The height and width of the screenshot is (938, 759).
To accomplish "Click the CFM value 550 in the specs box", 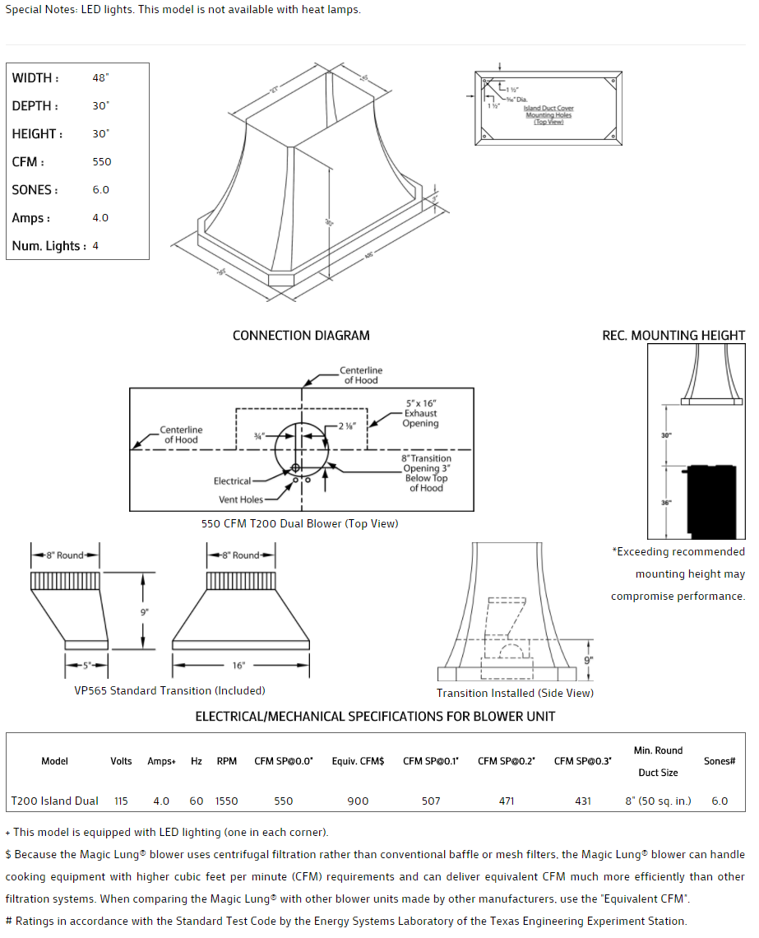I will (102, 162).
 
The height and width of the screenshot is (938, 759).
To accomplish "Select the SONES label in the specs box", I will (35, 190).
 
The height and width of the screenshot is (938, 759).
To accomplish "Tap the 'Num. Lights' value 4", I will (95, 246).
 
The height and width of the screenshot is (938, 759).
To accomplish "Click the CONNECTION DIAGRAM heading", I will (301, 336).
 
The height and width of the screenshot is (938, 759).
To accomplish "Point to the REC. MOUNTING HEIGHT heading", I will (673, 336).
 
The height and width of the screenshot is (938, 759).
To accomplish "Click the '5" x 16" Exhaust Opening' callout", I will (420, 414).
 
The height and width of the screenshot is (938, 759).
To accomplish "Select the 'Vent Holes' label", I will (241, 499).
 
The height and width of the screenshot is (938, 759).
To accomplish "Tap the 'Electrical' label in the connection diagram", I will (233, 481).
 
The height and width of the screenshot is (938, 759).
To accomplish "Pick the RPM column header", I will (226, 761).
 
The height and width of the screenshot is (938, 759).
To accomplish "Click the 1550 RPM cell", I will (226, 801).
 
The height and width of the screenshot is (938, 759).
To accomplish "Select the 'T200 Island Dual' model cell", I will (54, 801).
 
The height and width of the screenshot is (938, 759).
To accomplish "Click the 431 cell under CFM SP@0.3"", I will (582, 801).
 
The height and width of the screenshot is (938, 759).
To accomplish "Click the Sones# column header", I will (720, 761).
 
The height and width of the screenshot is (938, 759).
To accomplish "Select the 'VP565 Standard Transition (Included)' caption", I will (169, 690).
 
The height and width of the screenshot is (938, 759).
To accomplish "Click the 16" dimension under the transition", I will (238, 665).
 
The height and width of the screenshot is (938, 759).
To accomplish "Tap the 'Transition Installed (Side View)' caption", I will (515, 693).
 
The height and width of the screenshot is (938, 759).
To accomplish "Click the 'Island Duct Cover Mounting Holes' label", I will (548, 115).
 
